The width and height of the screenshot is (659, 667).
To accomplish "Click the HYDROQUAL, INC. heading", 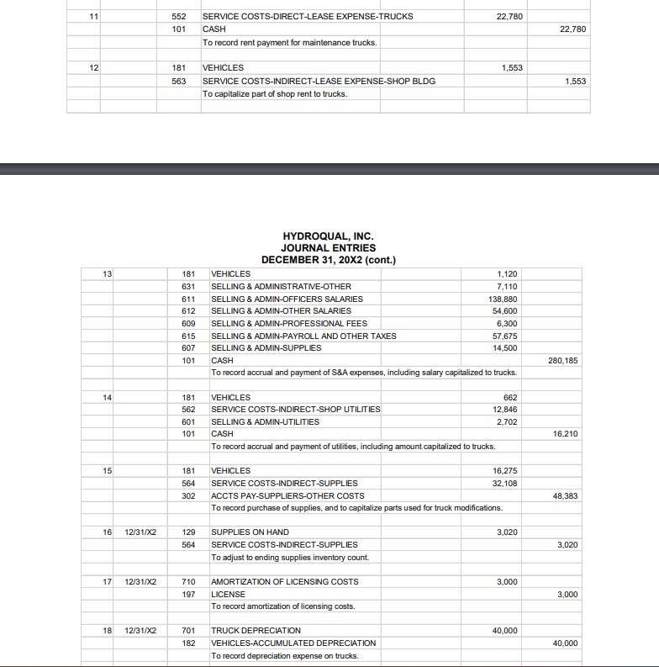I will pos(328,237).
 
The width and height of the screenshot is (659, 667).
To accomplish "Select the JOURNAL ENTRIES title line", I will pos(328,248).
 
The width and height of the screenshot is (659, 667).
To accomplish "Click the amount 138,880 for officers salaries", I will pos(503,299).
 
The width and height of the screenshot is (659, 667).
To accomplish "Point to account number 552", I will pos(178,16).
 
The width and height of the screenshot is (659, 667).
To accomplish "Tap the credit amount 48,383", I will pos(564,495).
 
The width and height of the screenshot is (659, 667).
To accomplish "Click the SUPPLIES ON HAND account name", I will pos(250,532).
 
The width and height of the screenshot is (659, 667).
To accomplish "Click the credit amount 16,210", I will pos(565,433).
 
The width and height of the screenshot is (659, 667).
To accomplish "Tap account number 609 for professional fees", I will pos(188,323).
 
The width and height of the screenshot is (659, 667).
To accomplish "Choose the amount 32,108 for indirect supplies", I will pos(504,483).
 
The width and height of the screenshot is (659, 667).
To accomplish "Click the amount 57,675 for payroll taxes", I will pos(504,336).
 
